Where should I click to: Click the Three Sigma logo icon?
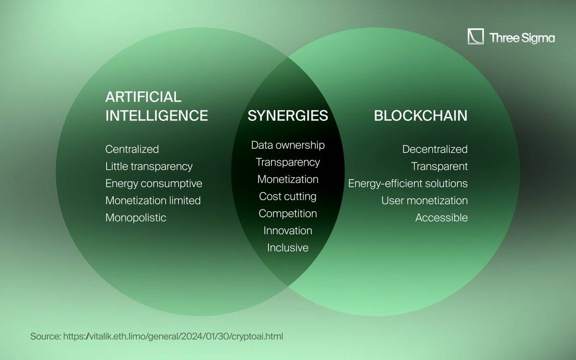tap(475, 36)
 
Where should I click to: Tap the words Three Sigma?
tap(522, 38)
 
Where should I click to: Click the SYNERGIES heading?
tap(288, 116)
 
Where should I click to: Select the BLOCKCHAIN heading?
tap(421, 116)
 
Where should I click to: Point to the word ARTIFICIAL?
tap(143, 97)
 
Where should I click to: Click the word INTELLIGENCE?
tap(157, 116)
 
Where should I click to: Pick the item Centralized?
tap(132, 149)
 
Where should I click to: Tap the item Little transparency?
tap(149, 166)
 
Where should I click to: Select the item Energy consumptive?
tap(154, 183)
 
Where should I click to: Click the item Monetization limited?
tap(153, 200)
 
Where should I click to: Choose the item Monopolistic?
tap(135, 217)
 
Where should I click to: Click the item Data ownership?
tap(288, 145)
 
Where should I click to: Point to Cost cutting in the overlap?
tap(288, 196)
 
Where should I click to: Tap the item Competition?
tap(288, 214)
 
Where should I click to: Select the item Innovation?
tap(288, 230)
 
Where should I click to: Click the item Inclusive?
tap(288, 248)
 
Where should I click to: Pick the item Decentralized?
tap(435, 149)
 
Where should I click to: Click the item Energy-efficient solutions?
tap(408, 183)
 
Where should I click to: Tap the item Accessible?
tap(441, 217)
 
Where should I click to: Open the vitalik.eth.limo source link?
tap(173, 336)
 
